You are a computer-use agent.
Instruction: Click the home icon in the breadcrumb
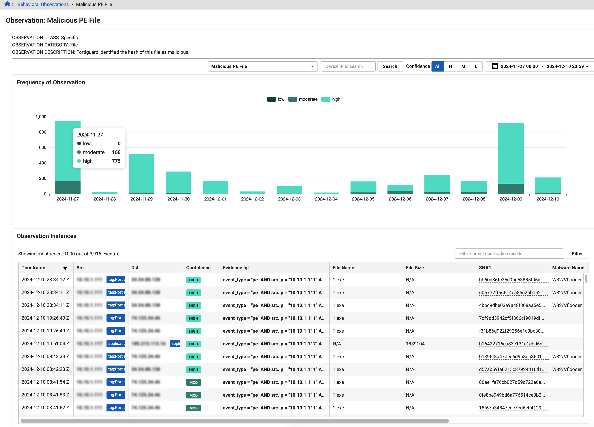tap(7, 4)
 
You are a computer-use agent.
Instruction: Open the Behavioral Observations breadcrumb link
tap(43, 4)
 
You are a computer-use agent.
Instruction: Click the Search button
tap(390, 66)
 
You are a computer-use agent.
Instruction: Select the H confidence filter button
tap(450, 66)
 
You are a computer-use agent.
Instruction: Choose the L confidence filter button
tap(476, 66)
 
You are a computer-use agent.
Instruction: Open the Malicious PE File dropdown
tap(262, 66)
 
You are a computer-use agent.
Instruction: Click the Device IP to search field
tap(348, 66)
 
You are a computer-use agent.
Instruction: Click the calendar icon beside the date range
tap(494, 66)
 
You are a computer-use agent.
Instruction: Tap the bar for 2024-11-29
tap(141, 173)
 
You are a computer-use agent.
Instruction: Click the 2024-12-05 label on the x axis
tap(363, 199)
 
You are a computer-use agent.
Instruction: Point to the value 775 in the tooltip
tap(116, 161)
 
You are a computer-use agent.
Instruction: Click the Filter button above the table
tap(577, 253)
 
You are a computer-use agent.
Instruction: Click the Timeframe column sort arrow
tap(65, 268)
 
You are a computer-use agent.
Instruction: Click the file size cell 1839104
tap(415, 344)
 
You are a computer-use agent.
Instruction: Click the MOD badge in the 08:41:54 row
tap(193, 382)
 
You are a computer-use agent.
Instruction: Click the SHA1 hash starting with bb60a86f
tap(511, 280)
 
